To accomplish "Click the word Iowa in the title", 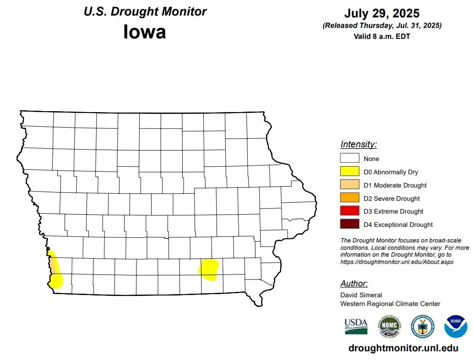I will [x=144, y=32].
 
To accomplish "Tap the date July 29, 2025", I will [x=382, y=13].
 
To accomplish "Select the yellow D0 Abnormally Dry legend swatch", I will [x=349, y=172].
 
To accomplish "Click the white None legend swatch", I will [x=349, y=159].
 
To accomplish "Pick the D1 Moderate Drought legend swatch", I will [x=349, y=185].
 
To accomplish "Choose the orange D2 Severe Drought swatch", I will [x=349, y=198].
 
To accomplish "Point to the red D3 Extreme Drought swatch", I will [x=349, y=211].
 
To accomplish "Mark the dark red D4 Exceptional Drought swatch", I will [x=349, y=225].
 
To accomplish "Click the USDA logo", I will [x=356, y=326].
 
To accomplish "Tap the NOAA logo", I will [x=455, y=326].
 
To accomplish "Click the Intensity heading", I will [x=359, y=145].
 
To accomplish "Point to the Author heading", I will [x=354, y=283].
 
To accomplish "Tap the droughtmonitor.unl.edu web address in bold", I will [x=403, y=348].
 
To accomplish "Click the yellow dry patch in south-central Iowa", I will [x=209, y=269].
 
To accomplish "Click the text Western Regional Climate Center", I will [x=390, y=304].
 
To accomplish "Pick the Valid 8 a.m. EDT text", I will [x=382, y=36].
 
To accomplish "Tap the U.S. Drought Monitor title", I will [x=145, y=11].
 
